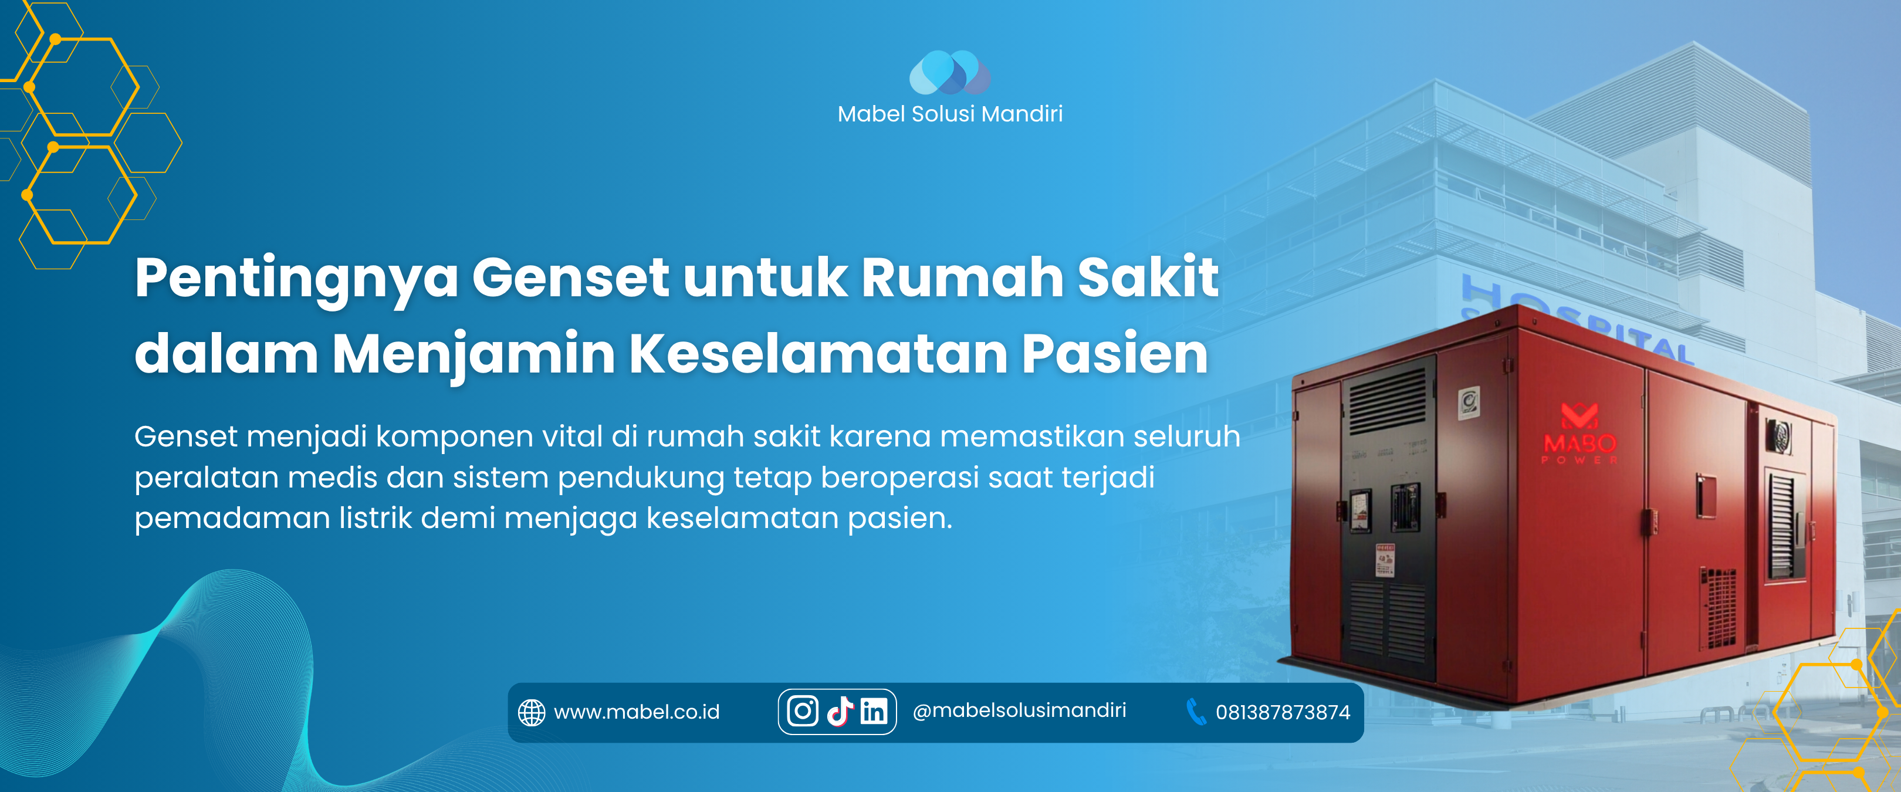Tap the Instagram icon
coord(802,712)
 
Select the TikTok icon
coord(840,712)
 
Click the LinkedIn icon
coord(874,712)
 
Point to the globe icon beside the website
coord(532,712)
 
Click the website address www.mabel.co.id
coord(636,712)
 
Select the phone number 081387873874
coord(1283,712)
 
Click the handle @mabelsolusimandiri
coord(1019,710)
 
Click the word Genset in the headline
coord(570,277)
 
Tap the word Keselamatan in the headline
coord(818,354)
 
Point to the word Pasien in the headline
coord(1114,354)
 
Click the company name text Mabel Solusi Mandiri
coord(950,114)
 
